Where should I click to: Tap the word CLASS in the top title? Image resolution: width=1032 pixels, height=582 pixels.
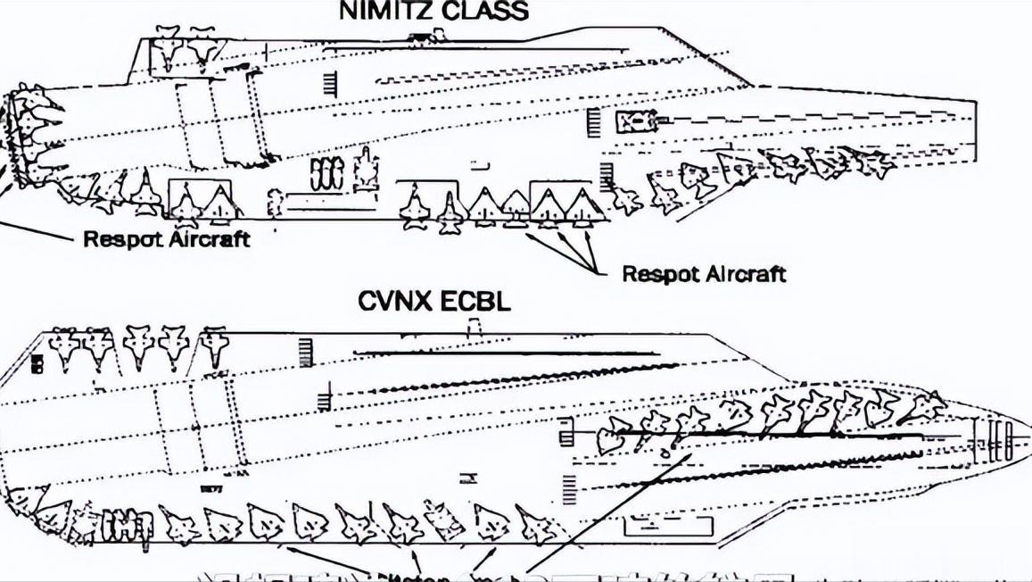(x=483, y=11)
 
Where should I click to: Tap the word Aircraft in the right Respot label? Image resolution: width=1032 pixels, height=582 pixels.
(x=744, y=273)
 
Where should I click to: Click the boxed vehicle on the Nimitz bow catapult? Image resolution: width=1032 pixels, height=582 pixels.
(x=637, y=121)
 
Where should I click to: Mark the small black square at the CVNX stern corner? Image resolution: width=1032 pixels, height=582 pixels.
(x=37, y=362)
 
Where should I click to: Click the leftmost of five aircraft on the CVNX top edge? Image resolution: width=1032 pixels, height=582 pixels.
(x=64, y=347)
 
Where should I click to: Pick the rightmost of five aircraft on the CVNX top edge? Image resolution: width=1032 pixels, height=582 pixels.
(x=211, y=347)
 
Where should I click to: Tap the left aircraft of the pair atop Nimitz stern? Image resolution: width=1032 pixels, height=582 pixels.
(x=167, y=50)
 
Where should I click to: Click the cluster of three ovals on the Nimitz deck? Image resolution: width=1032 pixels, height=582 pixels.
(x=326, y=175)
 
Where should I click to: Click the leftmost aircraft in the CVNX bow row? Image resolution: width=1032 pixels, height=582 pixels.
(x=613, y=435)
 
